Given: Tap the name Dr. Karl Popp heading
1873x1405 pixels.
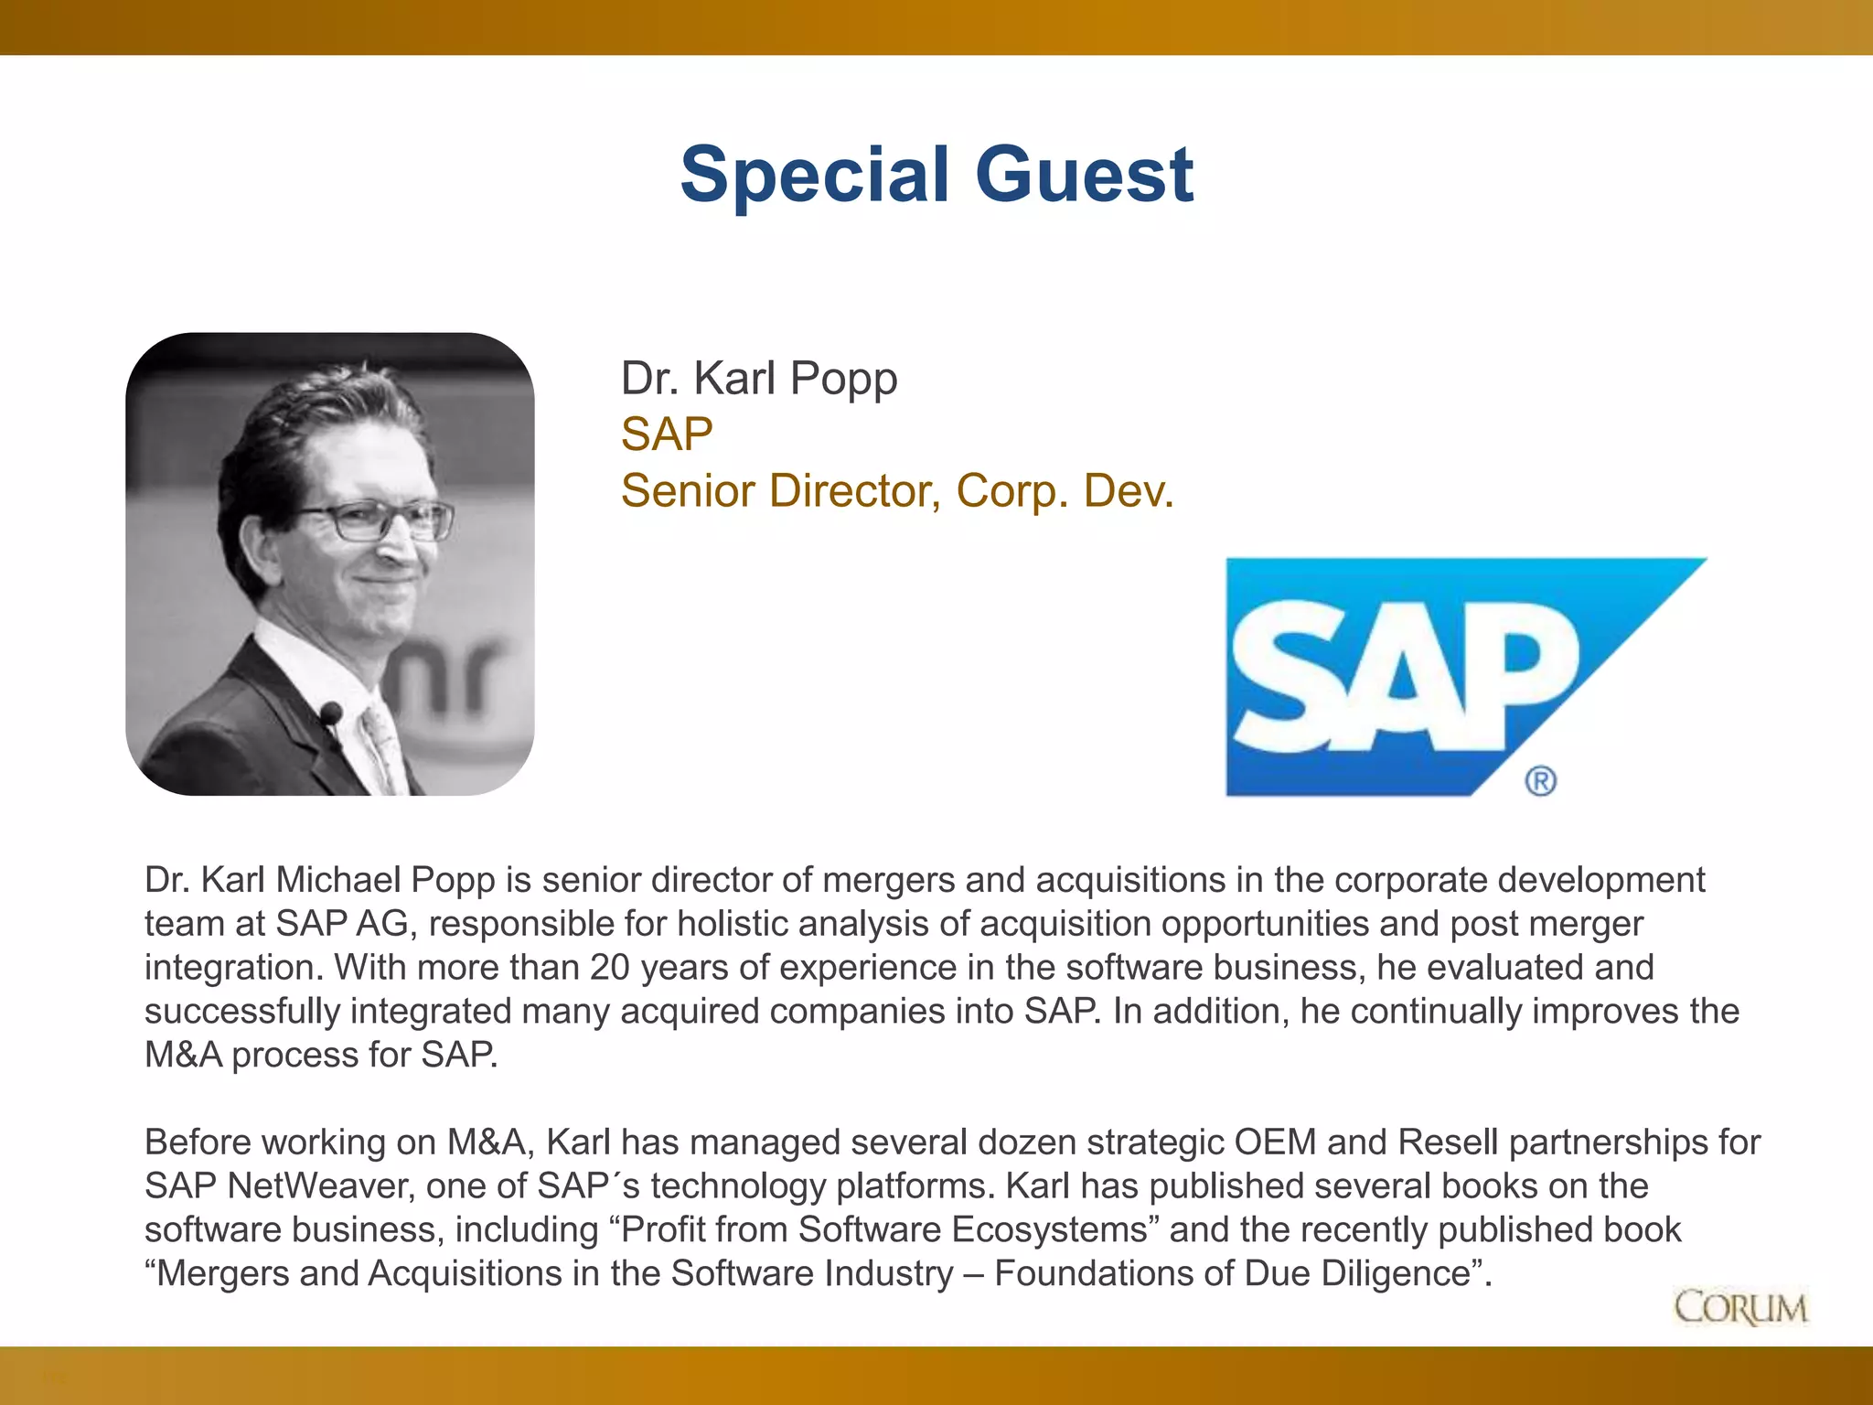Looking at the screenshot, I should [758, 379].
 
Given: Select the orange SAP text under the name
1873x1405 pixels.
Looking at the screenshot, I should [667, 434].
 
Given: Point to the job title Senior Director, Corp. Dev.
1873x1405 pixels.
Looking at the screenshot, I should [896, 491].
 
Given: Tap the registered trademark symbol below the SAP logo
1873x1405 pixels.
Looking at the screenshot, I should [1540, 781].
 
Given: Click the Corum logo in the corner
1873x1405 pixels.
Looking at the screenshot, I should [1740, 1308].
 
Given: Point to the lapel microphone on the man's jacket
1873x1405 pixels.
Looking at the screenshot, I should [330, 713].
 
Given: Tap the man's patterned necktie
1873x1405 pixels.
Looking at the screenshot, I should [384, 745].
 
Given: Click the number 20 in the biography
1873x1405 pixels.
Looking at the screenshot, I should [610, 968].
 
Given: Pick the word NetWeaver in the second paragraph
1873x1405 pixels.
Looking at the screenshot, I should [320, 1186].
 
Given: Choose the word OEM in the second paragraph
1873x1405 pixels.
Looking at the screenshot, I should [1275, 1142].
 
